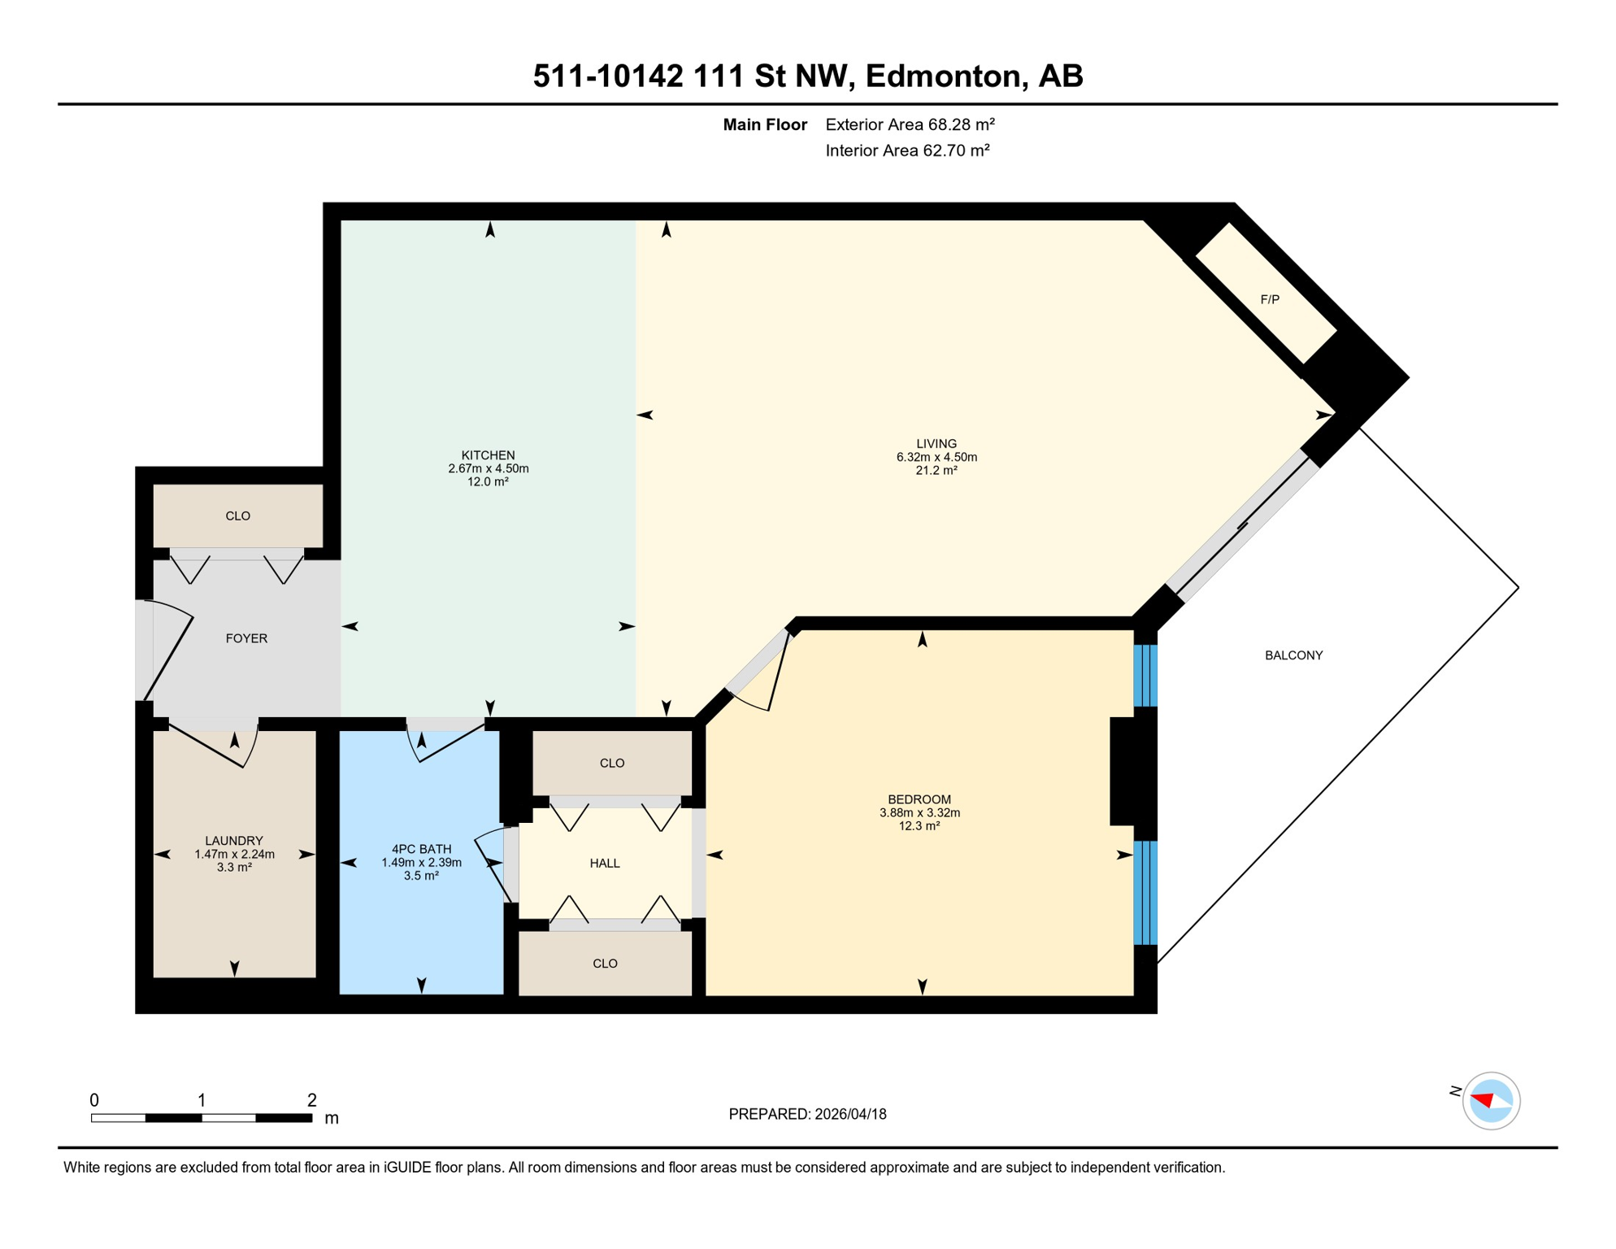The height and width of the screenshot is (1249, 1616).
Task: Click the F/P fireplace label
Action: pos(1270,299)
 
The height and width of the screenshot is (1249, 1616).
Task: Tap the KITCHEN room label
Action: pos(488,455)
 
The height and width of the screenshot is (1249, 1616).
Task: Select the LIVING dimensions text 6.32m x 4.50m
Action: pos(936,457)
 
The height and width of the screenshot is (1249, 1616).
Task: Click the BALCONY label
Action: pos(1293,655)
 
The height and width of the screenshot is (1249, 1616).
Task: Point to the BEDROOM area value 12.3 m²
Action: pos(919,826)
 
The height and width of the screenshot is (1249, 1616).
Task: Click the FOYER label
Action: pos(246,638)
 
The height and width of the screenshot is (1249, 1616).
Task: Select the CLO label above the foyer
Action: pos(237,516)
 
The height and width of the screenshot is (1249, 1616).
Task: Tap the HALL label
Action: pos(605,864)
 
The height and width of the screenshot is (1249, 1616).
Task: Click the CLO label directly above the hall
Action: pos(612,764)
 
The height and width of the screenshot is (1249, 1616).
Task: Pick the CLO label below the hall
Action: pos(605,964)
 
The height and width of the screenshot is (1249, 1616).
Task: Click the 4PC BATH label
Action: pos(421,849)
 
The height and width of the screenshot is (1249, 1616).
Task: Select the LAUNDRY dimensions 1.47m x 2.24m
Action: pos(234,855)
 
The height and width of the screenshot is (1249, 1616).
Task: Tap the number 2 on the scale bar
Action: pos(311,1100)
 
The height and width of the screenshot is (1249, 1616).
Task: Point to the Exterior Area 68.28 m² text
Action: pos(910,124)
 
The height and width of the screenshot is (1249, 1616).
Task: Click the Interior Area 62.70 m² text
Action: pos(907,150)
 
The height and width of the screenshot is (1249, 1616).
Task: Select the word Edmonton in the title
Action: pos(942,76)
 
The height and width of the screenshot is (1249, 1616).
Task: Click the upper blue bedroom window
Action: pos(1145,676)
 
